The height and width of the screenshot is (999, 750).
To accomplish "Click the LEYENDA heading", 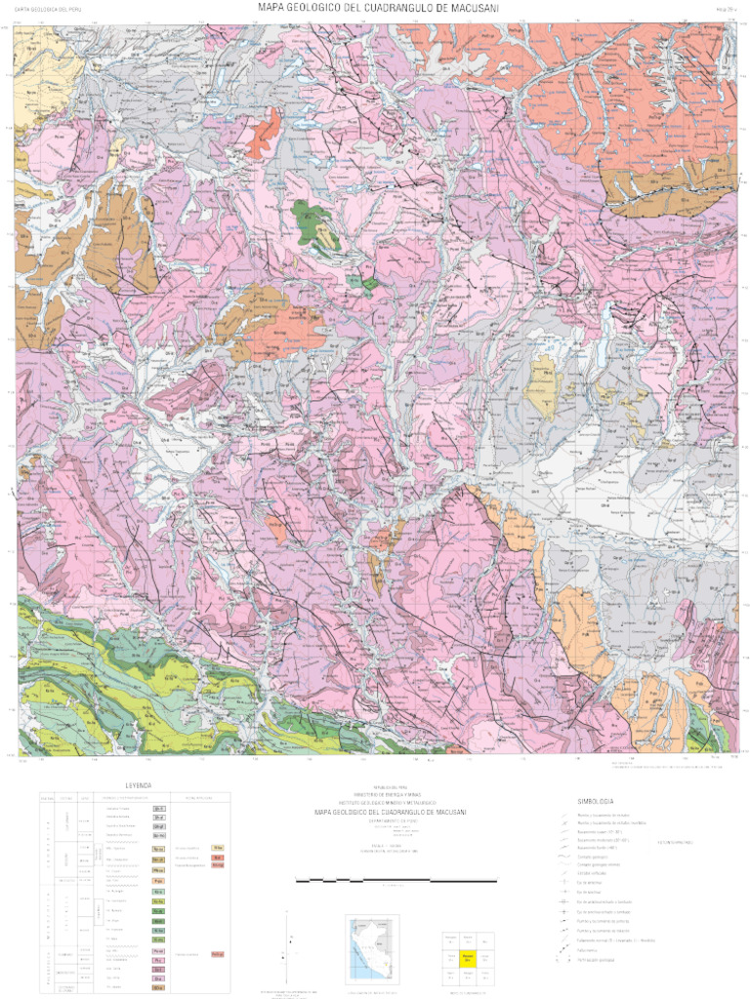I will pyautogui.click(x=138, y=785).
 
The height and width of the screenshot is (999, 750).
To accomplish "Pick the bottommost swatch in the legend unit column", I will pyautogui.click(x=158, y=987).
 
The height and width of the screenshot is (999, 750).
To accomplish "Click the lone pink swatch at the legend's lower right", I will pyautogui.click(x=218, y=953).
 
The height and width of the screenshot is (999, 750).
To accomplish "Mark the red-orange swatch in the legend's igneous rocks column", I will pyautogui.click(x=218, y=857).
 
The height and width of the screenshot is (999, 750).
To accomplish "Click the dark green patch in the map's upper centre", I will pyautogui.click(x=314, y=221).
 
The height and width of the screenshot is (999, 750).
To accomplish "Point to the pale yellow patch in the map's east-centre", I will pyautogui.click(x=539, y=387).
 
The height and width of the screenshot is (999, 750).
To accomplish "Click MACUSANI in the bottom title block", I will pyautogui.click(x=445, y=812).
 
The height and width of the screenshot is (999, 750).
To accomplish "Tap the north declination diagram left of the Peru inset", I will pyautogui.click(x=286, y=941).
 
